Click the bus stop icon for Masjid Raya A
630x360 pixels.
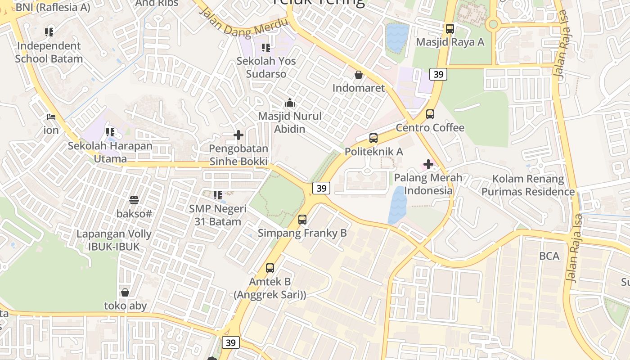click(450, 29)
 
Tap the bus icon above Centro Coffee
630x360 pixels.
click(430, 114)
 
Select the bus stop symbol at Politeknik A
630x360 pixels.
click(373, 138)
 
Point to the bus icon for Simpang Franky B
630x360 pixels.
click(302, 220)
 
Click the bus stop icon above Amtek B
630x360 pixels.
click(270, 268)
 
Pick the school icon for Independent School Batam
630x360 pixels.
click(49, 32)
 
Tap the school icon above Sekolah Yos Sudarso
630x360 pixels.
click(266, 48)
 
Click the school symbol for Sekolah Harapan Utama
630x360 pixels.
click(110, 132)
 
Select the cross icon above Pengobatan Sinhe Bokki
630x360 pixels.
click(238, 135)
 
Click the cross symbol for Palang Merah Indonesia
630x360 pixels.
click(428, 164)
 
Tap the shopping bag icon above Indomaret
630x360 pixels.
click(359, 75)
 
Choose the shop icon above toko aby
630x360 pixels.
click(125, 292)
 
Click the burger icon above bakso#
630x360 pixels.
click(134, 200)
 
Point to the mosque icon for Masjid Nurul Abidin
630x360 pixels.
click(290, 103)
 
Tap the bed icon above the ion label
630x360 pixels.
click(51, 117)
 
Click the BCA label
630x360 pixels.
click(549, 256)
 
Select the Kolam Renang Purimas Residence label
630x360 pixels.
click(528, 185)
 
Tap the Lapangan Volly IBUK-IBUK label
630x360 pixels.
click(114, 240)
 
